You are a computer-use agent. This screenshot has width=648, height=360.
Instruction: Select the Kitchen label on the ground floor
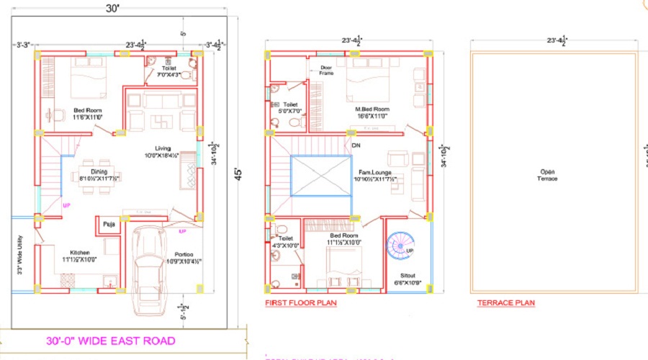tap(79, 253)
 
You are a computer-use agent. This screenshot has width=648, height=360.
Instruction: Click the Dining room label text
tap(99, 171)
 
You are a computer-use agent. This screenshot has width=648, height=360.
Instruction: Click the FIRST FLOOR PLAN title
tap(301, 303)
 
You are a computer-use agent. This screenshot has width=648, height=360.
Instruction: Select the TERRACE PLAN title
tap(506, 303)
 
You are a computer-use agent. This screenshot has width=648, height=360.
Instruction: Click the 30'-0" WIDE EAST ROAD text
tap(111, 341)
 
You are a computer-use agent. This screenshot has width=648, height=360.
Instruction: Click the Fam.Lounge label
tap(374, 174)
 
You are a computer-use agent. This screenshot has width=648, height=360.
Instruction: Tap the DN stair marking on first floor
tap(356, 145)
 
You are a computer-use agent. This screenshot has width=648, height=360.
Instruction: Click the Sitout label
tap(408, 276)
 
